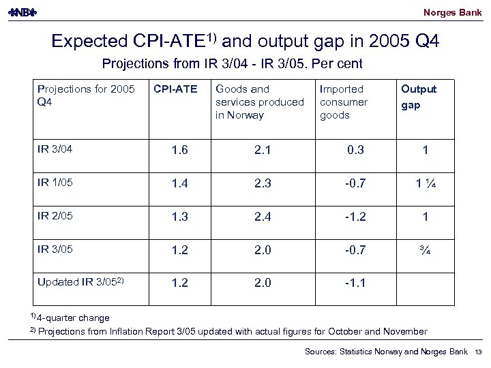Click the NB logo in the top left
[23, 13]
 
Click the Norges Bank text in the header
[453, 13]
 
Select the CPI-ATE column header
[175, 89]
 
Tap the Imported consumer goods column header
[344, 102]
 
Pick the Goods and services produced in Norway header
[258, 102]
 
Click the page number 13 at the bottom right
[477, 351]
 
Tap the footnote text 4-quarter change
[72, 318]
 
